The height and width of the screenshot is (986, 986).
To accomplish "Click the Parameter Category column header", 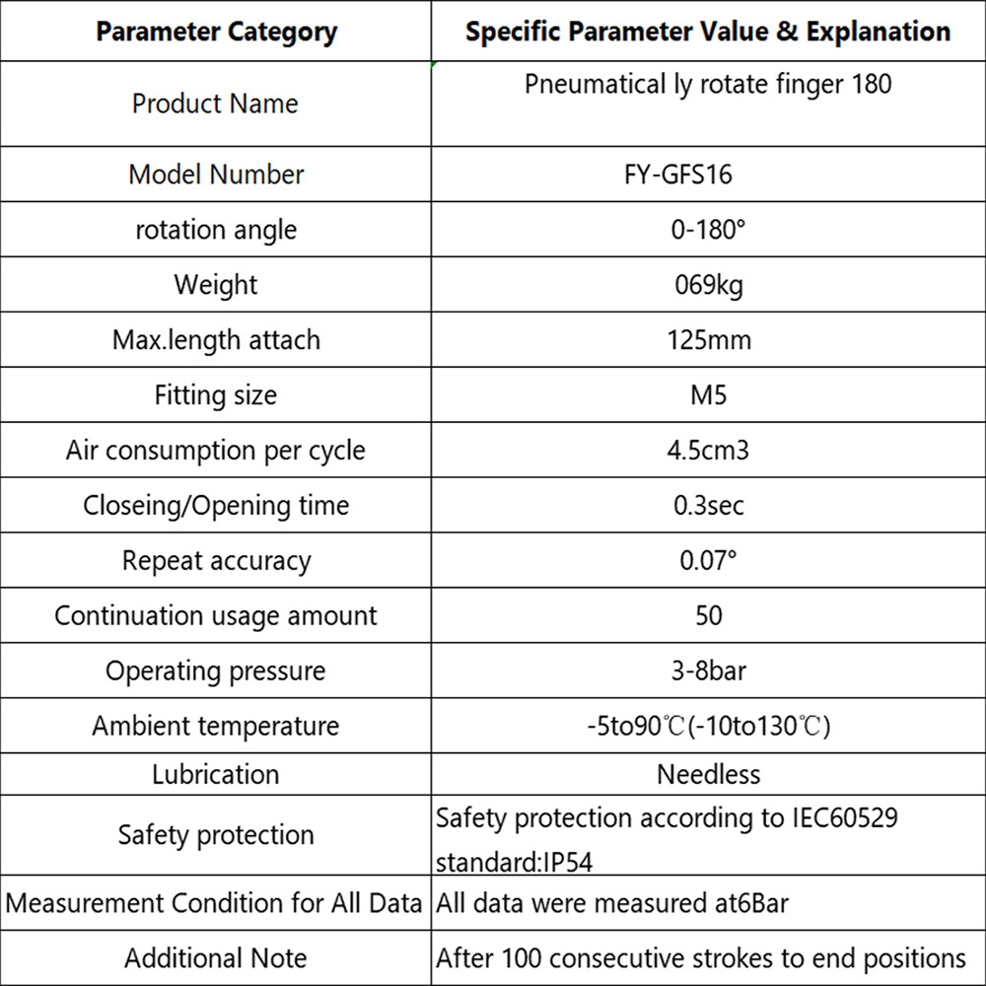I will pos(216,32).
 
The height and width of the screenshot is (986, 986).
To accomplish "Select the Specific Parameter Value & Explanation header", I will pos(708,32).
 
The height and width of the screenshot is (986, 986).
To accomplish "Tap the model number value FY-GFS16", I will pos(708,175).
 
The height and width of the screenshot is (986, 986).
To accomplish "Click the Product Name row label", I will pos(215,104).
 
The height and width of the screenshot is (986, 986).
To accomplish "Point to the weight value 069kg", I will pos(708,285).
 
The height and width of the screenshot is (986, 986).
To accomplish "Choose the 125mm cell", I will pos(708,340).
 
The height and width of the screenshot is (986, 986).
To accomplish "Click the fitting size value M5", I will pos(708,395).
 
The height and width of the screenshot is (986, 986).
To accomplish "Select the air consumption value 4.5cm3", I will pos(708,451).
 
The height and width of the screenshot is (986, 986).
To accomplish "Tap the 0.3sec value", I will pos(708,506).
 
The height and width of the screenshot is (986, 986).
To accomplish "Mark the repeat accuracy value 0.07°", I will pos(708,561).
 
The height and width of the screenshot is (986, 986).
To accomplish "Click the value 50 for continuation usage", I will pos(708,616).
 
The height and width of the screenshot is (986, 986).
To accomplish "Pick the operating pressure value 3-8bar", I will pos(708,671).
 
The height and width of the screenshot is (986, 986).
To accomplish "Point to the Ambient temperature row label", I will pos(215,727).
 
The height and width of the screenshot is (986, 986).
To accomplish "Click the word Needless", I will pos(708,774).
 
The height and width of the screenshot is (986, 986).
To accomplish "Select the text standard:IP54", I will pos(515,863).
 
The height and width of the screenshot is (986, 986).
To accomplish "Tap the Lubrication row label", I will pos(215,774).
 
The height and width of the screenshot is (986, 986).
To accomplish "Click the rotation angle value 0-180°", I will pos(708,230).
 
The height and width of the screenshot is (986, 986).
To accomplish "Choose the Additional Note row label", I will pos(215,958).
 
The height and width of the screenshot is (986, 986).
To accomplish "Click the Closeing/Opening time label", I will pos(215,506).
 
